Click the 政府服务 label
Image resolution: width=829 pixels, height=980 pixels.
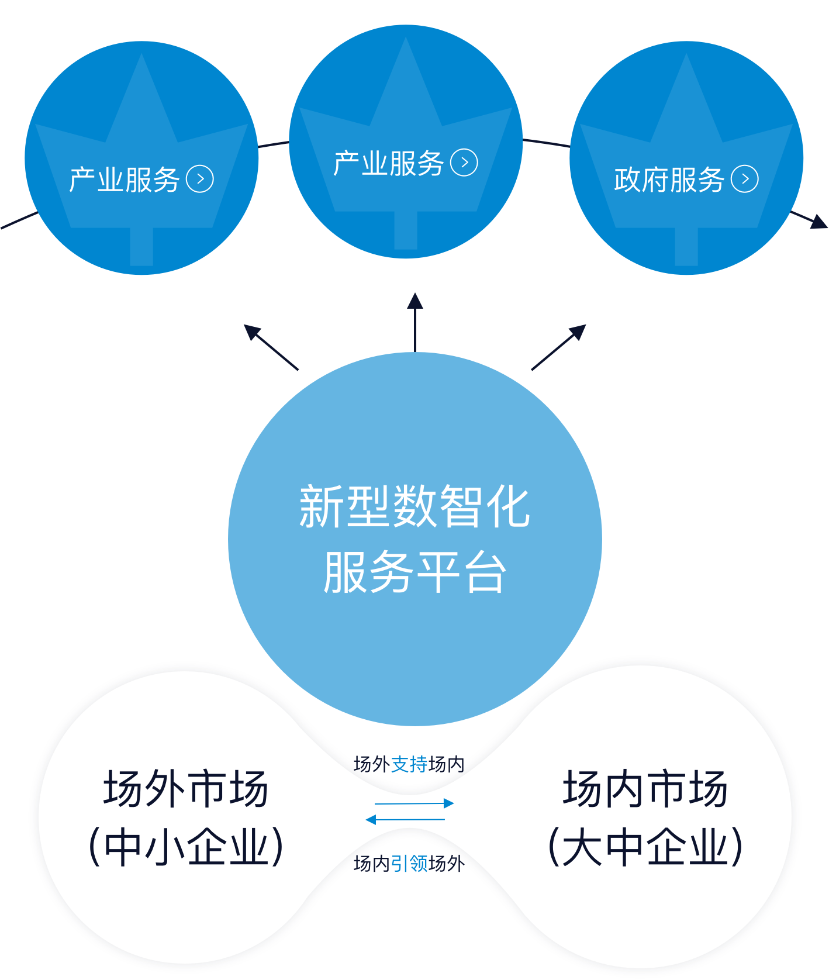coord(669,180)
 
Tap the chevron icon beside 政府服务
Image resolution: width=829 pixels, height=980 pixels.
coord(745,179)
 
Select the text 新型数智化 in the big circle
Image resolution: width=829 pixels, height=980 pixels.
coord(414,506)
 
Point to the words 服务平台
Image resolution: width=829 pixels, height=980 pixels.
coord(414,572)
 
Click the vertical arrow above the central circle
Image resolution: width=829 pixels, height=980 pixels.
coord(415,322)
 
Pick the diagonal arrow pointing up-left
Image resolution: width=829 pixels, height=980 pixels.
coord(271,347)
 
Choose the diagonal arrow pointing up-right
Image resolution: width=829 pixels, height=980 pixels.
coord(558,347)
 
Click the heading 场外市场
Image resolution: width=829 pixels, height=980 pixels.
coord(186,789)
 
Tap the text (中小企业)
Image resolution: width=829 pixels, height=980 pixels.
coord(186,847)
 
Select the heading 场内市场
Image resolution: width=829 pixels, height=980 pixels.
coord(645,789)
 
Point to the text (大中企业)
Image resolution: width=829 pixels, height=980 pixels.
coord(645,847)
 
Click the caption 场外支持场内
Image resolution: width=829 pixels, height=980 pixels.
coord(409,764)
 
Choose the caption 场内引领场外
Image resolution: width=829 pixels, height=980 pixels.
coord(409,864)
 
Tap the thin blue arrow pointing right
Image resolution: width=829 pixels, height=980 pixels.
coord(414,803)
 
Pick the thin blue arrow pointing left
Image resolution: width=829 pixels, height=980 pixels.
coord(405,820)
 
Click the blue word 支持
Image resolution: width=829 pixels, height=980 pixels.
coord(409,764)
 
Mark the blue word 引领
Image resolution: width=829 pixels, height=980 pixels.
coord(409,864)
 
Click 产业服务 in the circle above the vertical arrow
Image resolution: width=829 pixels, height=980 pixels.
coord(388,163)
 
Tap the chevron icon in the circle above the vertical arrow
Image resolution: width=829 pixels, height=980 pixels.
coord(464,163)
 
